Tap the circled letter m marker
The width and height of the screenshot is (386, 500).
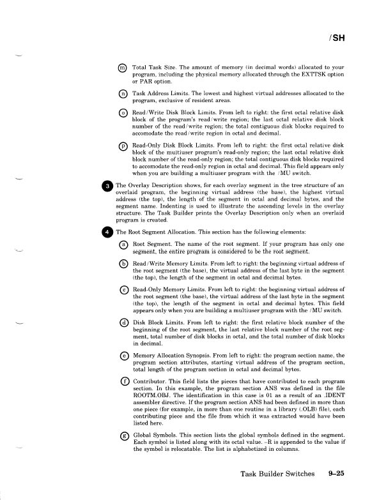[x=123, y=68]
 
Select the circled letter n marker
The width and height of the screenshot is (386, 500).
[x=123, y=94]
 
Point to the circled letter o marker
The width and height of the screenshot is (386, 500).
[x=123, y=113]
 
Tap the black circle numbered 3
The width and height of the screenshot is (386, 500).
[x=107, y=186]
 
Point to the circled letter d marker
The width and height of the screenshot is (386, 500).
[x=123, y=324]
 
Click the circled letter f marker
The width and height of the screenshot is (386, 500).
[x=123, y=383]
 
